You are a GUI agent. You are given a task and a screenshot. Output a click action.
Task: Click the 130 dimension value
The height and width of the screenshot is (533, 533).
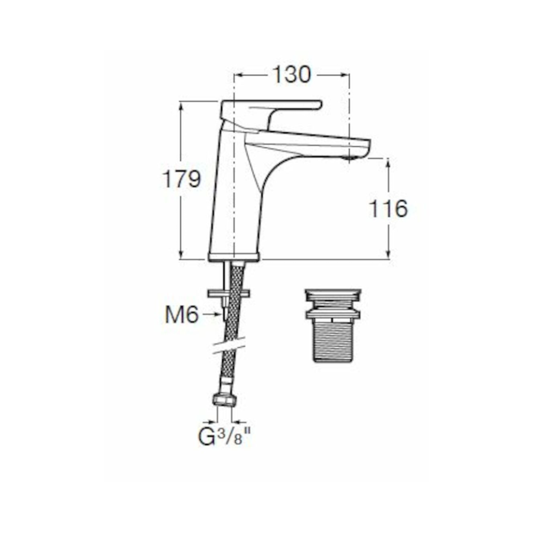tap(292, 75)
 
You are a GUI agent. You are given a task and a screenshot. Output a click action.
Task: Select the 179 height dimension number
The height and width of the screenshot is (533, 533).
tap(182, 179)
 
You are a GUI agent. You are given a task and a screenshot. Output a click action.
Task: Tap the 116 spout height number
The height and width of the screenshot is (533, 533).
tap(388, 209)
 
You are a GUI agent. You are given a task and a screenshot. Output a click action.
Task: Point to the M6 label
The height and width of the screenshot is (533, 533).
tap(182, 315)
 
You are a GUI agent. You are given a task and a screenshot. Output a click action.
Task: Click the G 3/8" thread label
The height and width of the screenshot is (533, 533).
tap(224, 437)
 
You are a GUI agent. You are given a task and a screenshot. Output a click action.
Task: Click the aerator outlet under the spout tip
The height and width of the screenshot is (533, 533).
tap(349, 158)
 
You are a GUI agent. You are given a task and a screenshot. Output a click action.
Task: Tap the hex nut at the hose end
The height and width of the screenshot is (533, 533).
tap(225, 400)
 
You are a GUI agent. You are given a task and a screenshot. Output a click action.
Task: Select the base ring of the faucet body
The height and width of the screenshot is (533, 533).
tap(234, 257)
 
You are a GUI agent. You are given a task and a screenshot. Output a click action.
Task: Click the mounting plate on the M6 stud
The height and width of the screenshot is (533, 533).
tap(229, 293)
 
